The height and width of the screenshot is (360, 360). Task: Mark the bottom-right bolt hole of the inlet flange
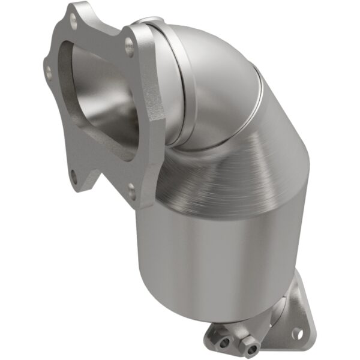pyautogui.click(x=131, y=191)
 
